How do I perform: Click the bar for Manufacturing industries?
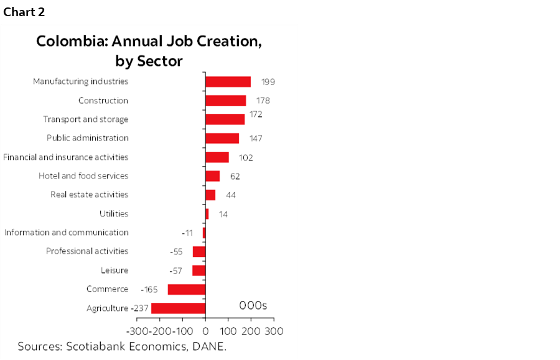coord(228,81)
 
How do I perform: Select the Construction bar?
coord(225,101)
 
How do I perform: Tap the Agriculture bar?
coord(178,308)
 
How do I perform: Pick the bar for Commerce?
coord(186,289)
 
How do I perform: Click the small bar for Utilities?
coord(207,214)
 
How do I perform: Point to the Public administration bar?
coord(222,138)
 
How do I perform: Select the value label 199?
coord(268,81)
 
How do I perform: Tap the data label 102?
coord(246,157)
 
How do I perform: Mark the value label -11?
coord(196,233)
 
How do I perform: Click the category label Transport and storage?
coord(86,119)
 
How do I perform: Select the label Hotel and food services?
coord(83,176)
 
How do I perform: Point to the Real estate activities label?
coord(90,195)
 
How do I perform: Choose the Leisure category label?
coord(114,270)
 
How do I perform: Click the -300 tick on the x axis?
coord(137,330)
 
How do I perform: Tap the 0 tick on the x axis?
coord(205,330)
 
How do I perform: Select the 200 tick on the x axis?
coord(251,330)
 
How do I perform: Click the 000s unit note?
coord(253,305)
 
